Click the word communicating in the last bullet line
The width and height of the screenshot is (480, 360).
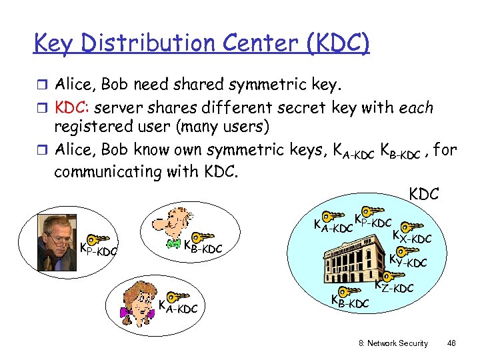117,171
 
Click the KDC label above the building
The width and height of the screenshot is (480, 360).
423,194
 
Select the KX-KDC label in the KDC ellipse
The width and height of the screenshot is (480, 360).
412,236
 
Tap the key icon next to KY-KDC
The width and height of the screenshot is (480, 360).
402,252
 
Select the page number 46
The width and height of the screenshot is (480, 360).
451,343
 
